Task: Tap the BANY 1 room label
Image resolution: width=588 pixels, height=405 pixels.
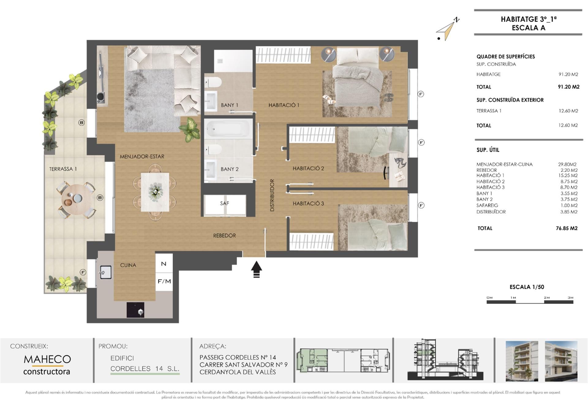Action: point(229,105)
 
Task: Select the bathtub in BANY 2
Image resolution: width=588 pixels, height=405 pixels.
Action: point(229,128)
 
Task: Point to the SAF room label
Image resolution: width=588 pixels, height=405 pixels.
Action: point(224,203)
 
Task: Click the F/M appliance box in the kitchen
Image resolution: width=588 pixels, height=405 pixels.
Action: point(164,281)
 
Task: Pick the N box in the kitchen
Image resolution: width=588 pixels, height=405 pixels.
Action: point(164,263)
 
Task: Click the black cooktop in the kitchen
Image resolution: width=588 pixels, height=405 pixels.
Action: point(135,310)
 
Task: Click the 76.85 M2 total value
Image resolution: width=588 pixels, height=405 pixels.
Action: point(567,228)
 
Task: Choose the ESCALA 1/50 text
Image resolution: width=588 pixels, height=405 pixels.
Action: point(527,287)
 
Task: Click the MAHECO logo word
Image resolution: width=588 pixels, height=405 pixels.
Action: point(47,359)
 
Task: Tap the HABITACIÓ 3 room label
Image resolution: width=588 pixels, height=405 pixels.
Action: point(308,203)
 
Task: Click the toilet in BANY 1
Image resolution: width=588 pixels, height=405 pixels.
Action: point(213,82)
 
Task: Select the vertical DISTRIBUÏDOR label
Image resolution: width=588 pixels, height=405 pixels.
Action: point(272,195)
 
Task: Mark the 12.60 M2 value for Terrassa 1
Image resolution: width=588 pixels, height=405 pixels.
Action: point(568,111)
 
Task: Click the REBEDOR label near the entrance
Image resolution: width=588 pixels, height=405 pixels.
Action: point(224,236)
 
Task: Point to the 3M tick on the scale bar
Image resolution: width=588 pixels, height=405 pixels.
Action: point(570,297)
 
